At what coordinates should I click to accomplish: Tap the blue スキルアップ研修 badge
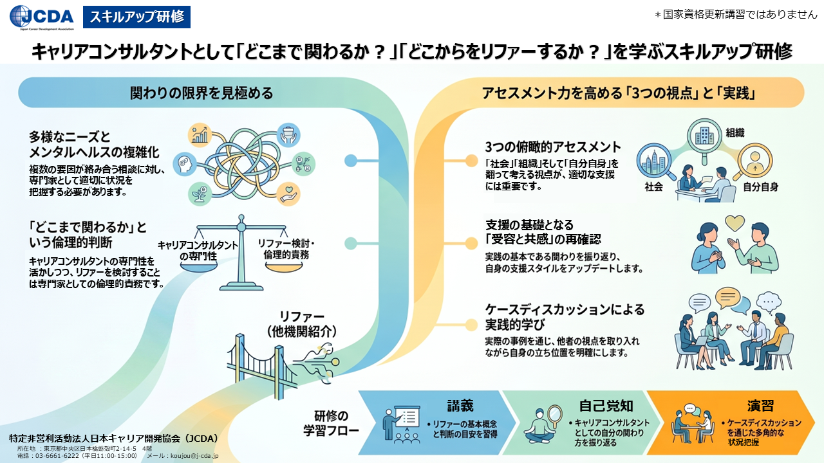(137, 17)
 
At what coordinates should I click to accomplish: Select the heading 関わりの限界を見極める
(201, 93)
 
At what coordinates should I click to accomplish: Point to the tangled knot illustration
(244, 164)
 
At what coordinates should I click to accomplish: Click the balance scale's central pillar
(241, 253)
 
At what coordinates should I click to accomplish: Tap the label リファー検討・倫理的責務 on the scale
(286, 249)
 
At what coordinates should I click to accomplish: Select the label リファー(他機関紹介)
(302, 324)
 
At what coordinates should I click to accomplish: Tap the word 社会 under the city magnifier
(653, 187)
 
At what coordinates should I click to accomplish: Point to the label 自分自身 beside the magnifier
(761, 187)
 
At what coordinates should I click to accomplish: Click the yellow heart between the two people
(735, 223)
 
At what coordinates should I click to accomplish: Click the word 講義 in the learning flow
(460, 406)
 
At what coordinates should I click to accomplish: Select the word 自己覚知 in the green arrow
(606, 406)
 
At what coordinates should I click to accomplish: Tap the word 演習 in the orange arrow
(760, 406)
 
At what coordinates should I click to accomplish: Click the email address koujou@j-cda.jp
(194, 456)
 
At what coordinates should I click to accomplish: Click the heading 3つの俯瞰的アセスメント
(553, 147)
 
